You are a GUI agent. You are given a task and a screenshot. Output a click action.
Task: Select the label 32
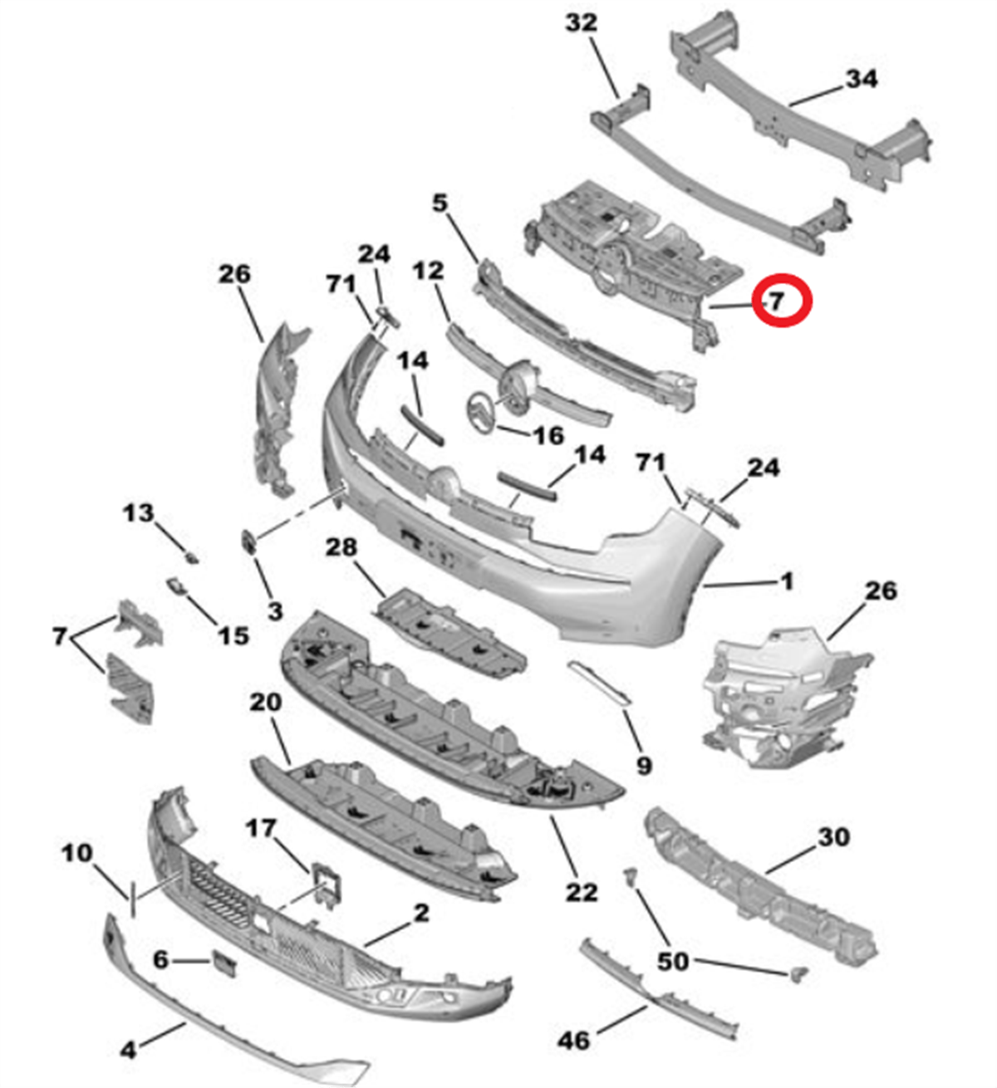point(582,22)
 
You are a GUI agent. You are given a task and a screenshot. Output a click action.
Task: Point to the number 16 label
point(548,435)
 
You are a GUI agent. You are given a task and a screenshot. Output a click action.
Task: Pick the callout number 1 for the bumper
point(787,582)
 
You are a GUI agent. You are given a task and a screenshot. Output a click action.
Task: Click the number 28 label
point(341,546)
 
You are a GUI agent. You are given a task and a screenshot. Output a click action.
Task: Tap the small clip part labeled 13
point(192,557)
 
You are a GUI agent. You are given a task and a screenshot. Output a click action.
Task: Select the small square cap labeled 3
point(249,542)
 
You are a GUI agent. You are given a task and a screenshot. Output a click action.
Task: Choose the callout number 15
point(233,635)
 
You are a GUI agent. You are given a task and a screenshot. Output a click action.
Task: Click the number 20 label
point(265,703)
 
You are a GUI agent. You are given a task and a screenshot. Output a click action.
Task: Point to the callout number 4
point(128,1051)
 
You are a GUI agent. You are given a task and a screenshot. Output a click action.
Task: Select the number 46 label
point(573,1041)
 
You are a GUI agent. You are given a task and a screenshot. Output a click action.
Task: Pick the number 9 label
point(643,766)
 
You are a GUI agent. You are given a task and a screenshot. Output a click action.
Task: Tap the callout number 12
point(429,271)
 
